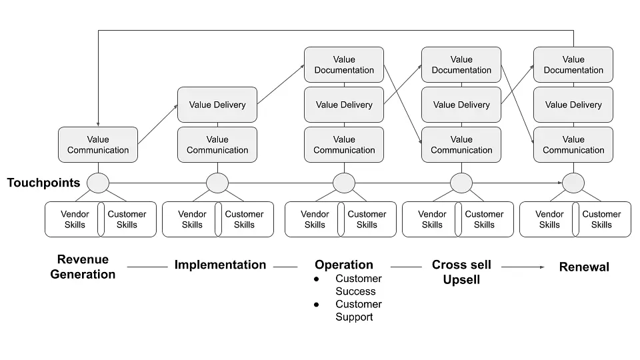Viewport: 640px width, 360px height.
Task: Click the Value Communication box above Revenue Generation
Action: (98, 145)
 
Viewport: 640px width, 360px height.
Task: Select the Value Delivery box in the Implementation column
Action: (217, 105)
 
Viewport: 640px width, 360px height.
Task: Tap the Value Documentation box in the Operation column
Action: (344, 65)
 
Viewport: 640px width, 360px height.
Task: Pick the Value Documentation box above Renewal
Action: (573, 65)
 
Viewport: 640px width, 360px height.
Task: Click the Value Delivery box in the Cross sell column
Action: (461, 105)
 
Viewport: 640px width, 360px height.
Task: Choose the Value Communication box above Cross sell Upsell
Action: (461, 145)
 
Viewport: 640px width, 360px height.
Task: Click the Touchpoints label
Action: (44, 183)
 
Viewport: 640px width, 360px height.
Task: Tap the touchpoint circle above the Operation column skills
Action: (344, 183)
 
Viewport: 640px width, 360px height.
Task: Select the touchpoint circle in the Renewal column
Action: (573, 183)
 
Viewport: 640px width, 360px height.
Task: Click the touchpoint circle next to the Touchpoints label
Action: (98, 183)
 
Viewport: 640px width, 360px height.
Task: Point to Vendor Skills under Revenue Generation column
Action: (75, 219)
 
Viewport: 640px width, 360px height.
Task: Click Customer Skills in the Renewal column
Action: (601, 219)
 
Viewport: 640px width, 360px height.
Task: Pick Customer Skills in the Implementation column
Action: (245, 219)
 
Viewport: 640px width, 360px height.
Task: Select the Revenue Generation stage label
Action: (83, 267)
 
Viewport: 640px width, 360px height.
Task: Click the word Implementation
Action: (220, 265)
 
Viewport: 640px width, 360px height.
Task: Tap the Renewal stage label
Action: (584, 267)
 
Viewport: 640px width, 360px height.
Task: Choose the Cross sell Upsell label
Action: (461, 272)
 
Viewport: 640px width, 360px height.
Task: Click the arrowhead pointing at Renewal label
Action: (542, 267)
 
